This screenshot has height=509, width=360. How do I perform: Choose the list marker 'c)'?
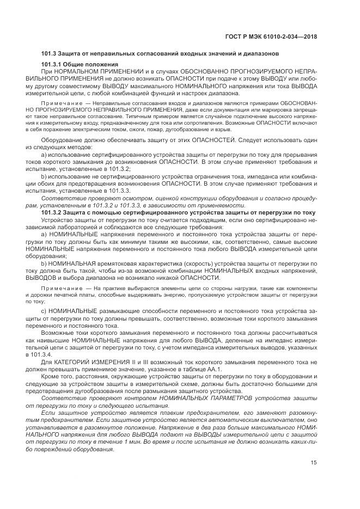44,310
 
